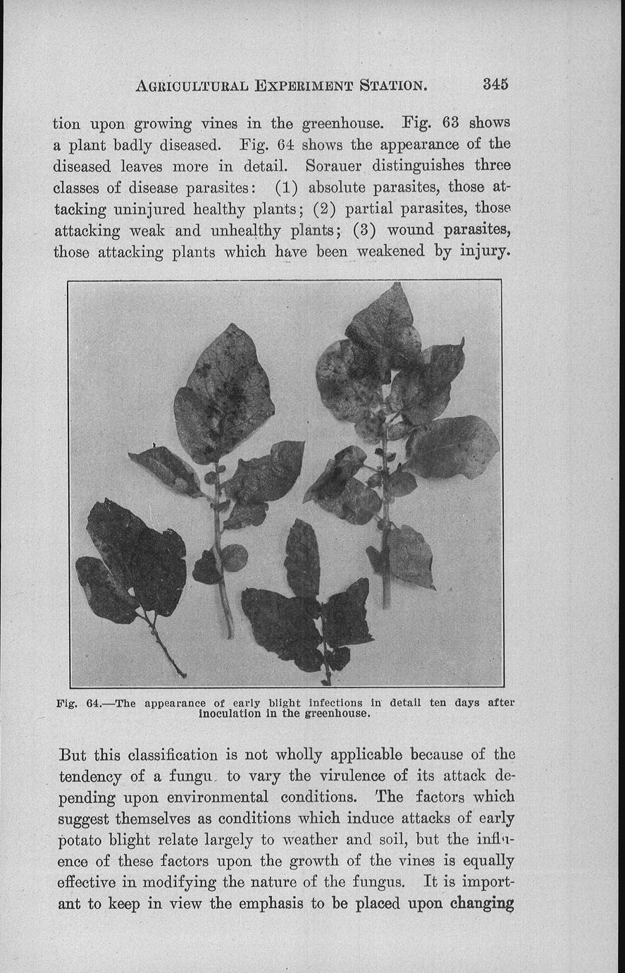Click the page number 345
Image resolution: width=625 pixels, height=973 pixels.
[x=495, y=84]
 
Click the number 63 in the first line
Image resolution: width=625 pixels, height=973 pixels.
[x=450, y=123]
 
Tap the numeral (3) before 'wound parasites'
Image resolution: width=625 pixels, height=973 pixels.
[x=366, y=231]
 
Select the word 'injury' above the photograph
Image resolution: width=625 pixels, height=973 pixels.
[x=479, y=252]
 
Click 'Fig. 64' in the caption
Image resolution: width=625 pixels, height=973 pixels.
[x=82, y=703]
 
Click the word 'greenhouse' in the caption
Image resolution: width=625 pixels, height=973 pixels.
[x=336, y=714]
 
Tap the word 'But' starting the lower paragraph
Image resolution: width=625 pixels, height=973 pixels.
[x=73, y=755]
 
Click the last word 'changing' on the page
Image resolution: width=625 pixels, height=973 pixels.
[x=482, y=904]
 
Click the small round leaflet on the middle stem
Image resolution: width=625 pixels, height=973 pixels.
[x=235, y=558]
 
